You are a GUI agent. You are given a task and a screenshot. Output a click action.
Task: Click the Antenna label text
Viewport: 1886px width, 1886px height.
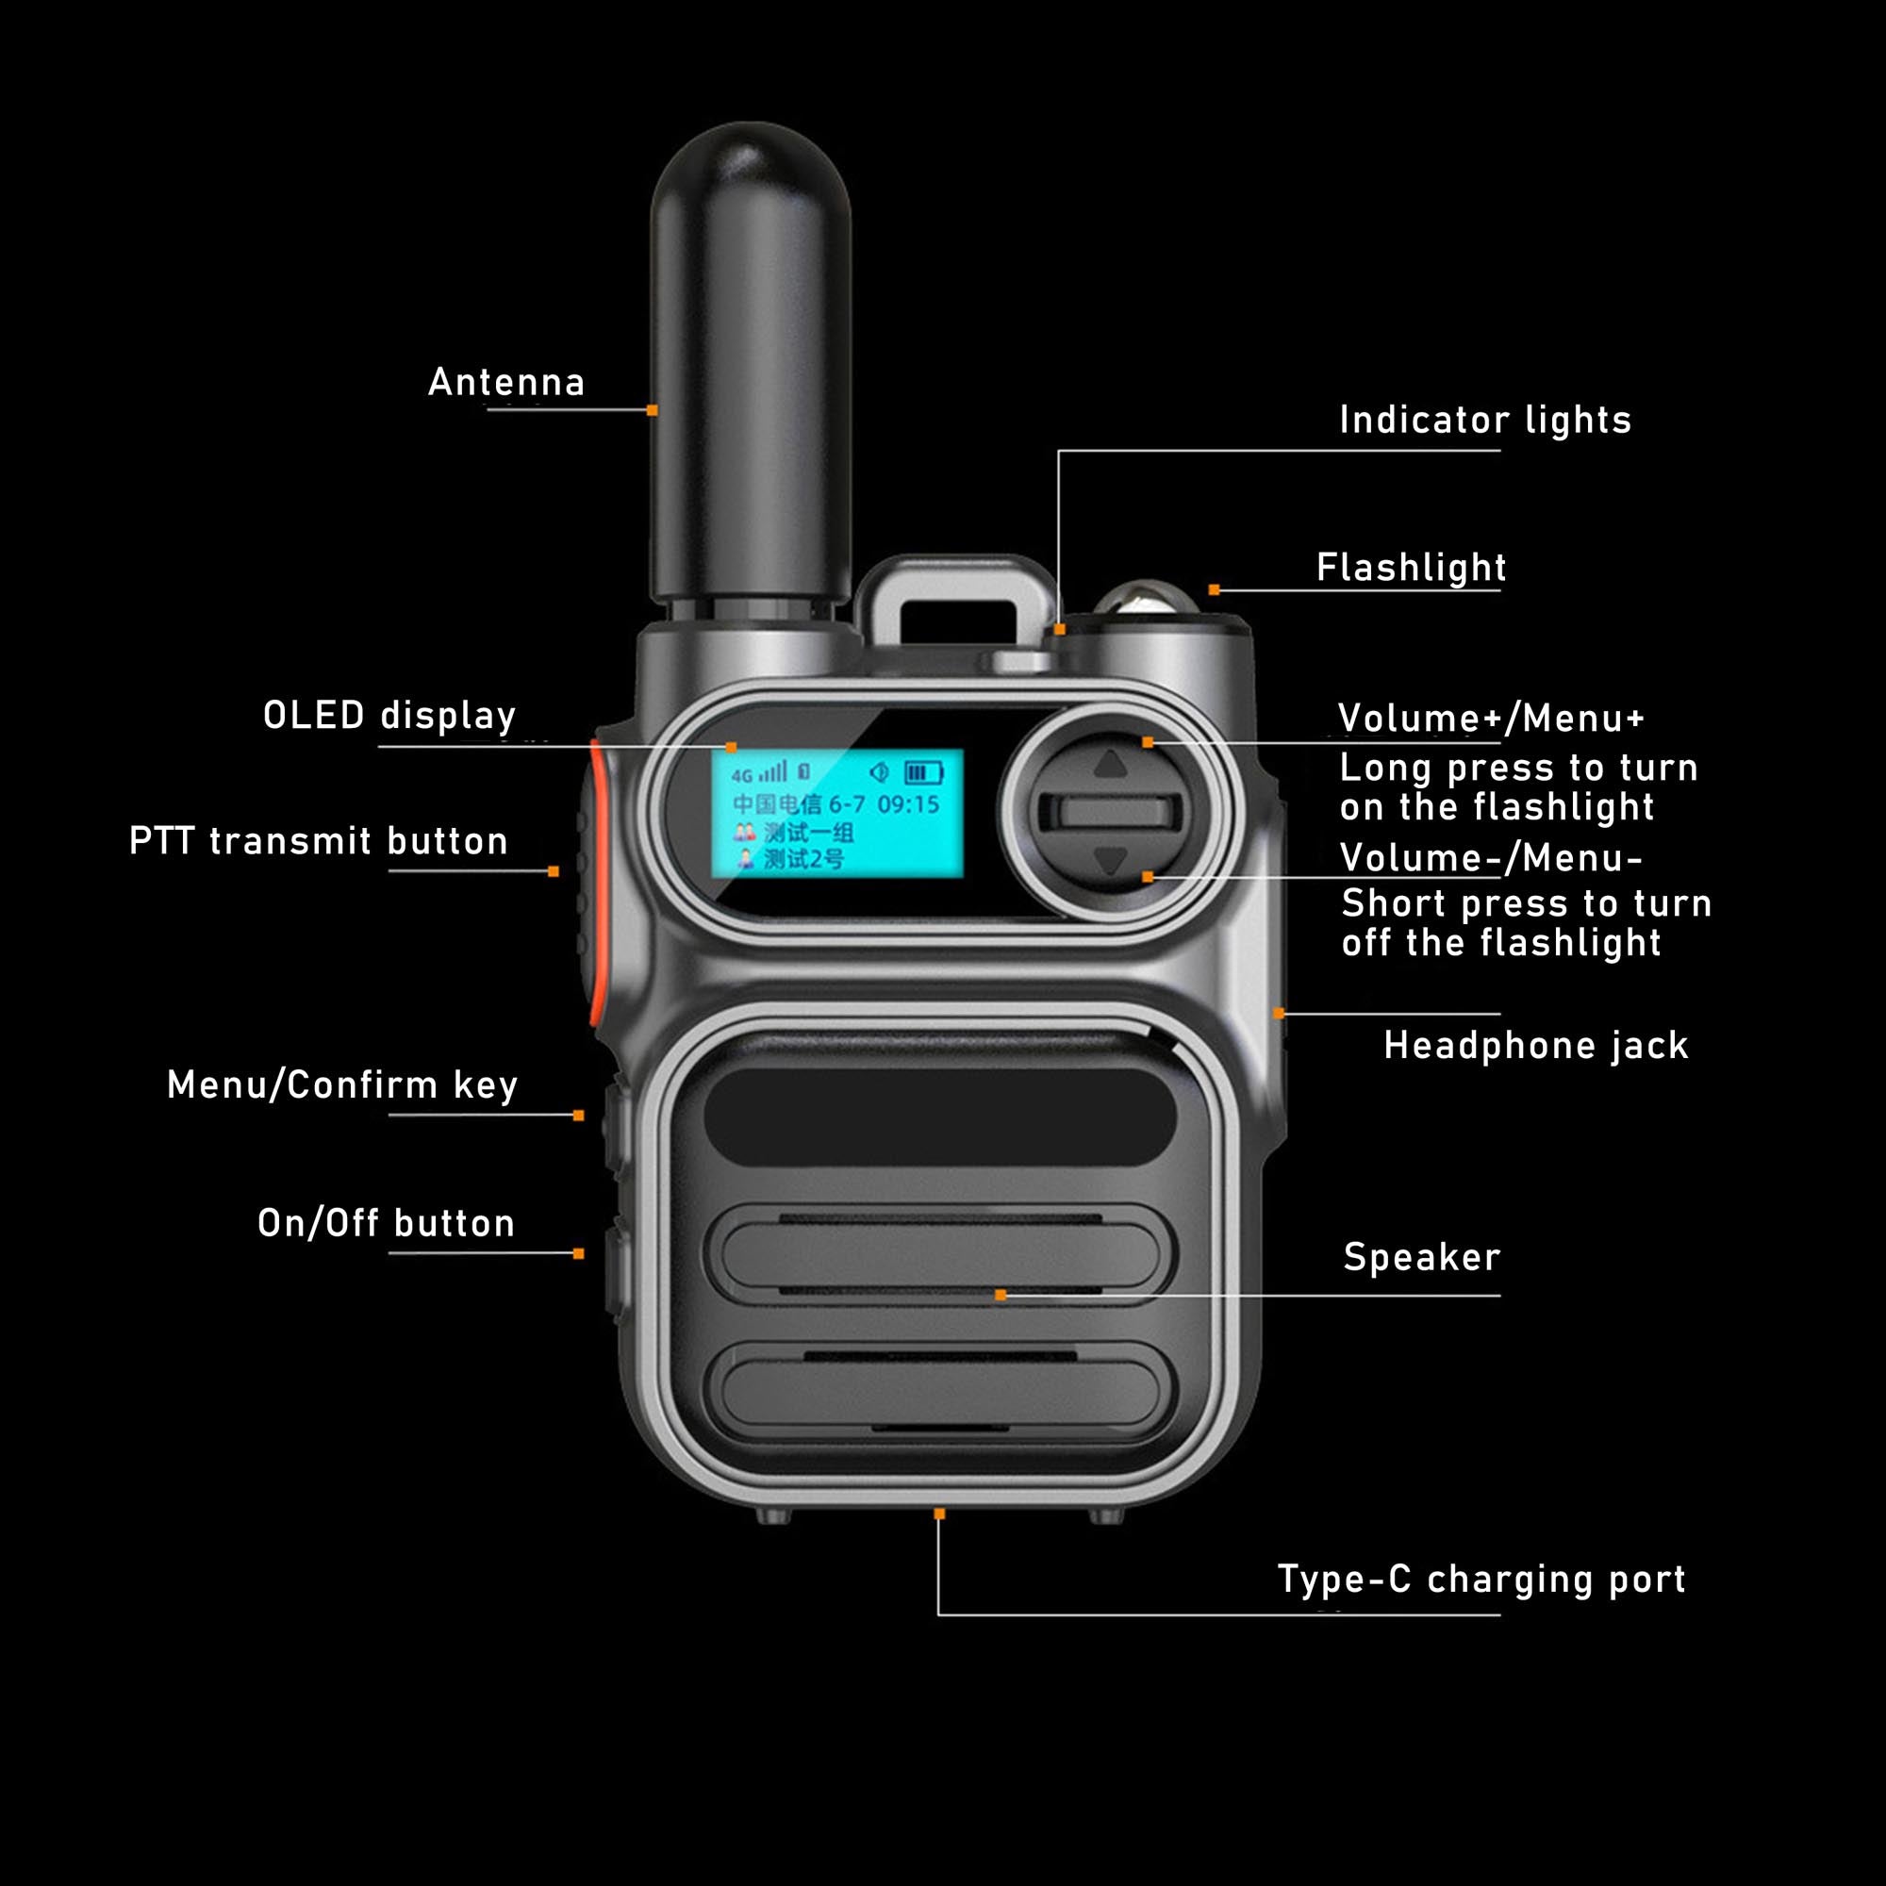tap(505, 382)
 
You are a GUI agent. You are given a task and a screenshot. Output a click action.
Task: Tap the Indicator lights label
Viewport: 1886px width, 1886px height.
tap(1483, 420)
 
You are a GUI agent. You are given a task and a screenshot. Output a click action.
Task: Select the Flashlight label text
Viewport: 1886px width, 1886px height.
tap(1411, 567)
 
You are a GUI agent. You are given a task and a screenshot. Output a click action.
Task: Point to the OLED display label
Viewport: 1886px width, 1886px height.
tap(389, 716)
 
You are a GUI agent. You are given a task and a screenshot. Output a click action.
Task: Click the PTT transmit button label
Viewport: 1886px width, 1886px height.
tap(318, 840)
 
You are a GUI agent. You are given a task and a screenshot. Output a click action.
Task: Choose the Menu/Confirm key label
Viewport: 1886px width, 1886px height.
tap(341, 1084)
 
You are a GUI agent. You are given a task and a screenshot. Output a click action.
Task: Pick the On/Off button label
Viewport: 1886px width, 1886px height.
tap(386, 1223)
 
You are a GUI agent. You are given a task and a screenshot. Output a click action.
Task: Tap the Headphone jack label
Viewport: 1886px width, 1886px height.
tap(1535, 1046)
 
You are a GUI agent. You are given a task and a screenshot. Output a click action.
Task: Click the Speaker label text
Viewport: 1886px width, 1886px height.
tap(1421, 1257)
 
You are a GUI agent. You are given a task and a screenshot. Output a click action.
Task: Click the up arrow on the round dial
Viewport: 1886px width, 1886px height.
tap(1111, 764)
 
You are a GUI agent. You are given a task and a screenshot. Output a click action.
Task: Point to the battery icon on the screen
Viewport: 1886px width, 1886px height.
tap(922, 773)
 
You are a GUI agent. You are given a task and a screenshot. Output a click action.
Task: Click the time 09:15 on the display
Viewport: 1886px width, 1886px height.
tap(908, 804)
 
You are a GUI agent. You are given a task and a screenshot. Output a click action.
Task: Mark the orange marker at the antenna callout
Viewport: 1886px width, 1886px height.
tap(653, 410)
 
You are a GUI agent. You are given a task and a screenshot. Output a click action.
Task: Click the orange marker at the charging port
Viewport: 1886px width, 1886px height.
tap(939, 1514)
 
